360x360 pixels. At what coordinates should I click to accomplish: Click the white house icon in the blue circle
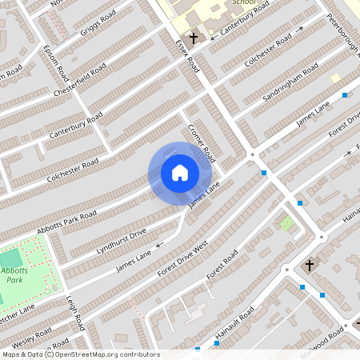click(x=180, y=173)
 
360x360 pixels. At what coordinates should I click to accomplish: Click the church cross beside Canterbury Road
click(x=193, y=38)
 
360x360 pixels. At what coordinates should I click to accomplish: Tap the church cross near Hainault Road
click(x=309, y=264)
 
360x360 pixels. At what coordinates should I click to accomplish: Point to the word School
click(x=243, y=3)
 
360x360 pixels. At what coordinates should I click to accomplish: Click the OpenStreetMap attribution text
click(x=80, y=354)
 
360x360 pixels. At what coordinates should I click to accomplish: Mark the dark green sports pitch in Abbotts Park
click(x=11, y=259)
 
